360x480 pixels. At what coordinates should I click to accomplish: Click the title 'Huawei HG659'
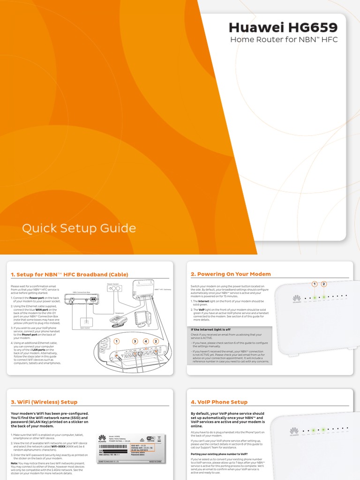point(283,28)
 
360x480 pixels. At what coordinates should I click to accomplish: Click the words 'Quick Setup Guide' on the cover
point(79,229)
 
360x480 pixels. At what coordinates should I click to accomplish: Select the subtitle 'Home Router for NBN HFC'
point(284,40)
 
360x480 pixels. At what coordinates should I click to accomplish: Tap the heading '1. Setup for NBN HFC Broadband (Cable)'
point(69,275)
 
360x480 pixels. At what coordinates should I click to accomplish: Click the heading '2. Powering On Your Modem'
point(231,274)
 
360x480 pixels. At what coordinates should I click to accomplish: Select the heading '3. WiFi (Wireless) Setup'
point(44,402)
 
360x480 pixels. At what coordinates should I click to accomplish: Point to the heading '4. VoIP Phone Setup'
point(219,402)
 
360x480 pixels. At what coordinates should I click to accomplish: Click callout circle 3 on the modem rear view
point(135,341)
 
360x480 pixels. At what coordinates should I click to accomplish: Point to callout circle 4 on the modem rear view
point(146,341)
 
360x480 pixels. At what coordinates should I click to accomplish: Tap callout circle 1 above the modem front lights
point(315,284)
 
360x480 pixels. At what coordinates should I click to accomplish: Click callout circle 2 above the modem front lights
point(324,284)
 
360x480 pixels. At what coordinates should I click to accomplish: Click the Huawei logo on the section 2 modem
point(296,299)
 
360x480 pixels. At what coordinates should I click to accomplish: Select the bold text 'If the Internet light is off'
point(210,330)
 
